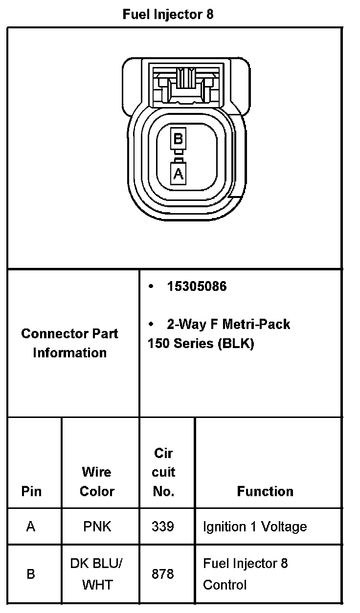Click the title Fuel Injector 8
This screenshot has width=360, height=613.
[x=168, y=15]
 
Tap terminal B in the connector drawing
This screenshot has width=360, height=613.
[x=178, y=139]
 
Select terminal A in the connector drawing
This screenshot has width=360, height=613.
[x=178, y=174]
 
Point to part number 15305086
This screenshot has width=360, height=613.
[x=197, y=286]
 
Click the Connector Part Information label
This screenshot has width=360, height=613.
[x=69, y=343]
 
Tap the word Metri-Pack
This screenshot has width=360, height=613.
[x=256, y=324]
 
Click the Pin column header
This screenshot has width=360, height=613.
[x=31, y=491]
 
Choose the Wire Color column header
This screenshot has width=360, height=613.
[x=97, y=482]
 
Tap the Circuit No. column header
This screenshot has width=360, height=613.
[x=164, y=472]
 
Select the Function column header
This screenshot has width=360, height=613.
[x=265, y=491]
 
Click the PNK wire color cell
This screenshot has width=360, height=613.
[x=97, y=526]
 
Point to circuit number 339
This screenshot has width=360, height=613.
[x=163, y=526]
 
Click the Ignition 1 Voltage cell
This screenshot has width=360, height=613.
[x=255, y=526]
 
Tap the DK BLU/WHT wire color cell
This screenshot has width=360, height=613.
[x=96, y=574]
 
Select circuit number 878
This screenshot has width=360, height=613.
[x=163, y=574]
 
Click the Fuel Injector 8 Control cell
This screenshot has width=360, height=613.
[x=245, y=574]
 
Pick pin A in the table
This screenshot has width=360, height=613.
[x=31, y=526]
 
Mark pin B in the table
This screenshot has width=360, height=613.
[x=31, y=574]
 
